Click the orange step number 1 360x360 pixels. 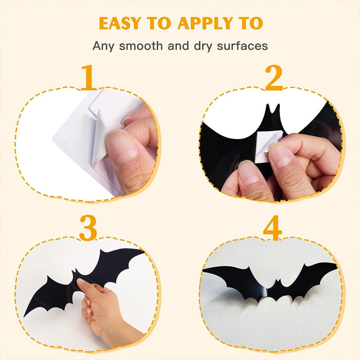click(x=89, y=77)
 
